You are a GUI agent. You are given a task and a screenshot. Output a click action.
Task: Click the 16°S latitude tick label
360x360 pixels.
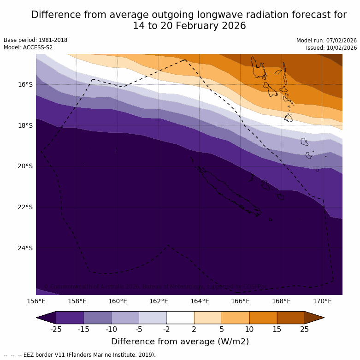pyautogui.click(x=25, y=84)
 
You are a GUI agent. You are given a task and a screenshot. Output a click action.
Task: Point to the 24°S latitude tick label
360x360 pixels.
pyautogui.click(x=25, y=248)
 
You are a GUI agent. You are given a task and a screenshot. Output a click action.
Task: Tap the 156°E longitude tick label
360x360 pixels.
pyautogui.click(x=36, y=301)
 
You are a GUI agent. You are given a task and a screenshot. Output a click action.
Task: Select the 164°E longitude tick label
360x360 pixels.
pyautogui.click(x=200, y=301)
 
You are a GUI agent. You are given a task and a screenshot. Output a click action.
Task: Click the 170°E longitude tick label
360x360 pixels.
pyautogui.click(x=322, y=301)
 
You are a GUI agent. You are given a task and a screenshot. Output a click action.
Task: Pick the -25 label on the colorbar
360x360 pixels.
pyautogui.click(x=56, y=329)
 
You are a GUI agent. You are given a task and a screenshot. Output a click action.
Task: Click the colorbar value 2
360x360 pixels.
pyautogui.click(x=194, y=329)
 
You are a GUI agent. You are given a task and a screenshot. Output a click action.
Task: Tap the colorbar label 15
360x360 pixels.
pyautogui.click(x=277, y=329)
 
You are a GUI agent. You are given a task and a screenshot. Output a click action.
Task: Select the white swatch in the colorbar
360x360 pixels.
pyautogui.click(x=180, y=318)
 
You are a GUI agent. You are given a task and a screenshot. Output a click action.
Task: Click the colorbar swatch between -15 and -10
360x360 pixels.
pyautogui.click(x=97, y=318)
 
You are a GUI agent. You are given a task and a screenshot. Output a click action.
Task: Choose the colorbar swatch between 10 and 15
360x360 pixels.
pyautogui.click(x=263, y=318)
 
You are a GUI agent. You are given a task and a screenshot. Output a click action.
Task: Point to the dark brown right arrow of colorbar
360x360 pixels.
pyautogui.click(x=314, y=318)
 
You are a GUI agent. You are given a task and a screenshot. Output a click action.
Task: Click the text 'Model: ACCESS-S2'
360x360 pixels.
pyautogui.click(x=28, y=47)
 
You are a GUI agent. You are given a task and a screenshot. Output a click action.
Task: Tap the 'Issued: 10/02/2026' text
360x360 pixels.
pyautogui.click(x=331, y=48)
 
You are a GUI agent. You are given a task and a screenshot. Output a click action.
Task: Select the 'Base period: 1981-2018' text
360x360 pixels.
pyautogui.click(x=35, y=40)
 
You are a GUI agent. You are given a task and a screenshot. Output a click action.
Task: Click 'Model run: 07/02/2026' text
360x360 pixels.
pyautogui.click(x=326, y=41)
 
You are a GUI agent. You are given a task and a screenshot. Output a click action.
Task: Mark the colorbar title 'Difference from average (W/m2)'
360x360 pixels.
pyautogui.click(x=180, y=342)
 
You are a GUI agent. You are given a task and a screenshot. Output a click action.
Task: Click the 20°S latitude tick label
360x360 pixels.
pyautogui.click(x=25, y=166)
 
